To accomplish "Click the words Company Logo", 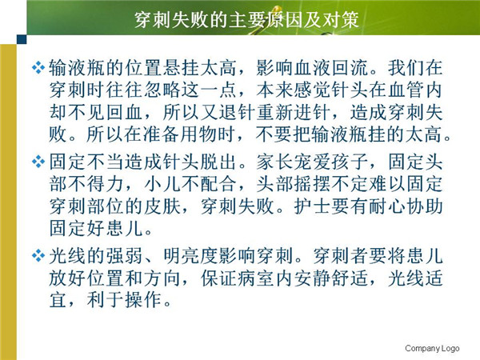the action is coord(432,348).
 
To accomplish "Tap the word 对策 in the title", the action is coord(340,20).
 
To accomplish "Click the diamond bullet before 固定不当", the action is coord(38,162).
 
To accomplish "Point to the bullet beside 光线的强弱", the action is coord(38,256).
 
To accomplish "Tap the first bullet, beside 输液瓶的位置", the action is coord(38,68).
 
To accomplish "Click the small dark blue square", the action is coord(22,39).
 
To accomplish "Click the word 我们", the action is coord(406,68).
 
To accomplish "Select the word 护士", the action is coord(313,206).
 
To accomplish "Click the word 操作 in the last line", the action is coord(143,300).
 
